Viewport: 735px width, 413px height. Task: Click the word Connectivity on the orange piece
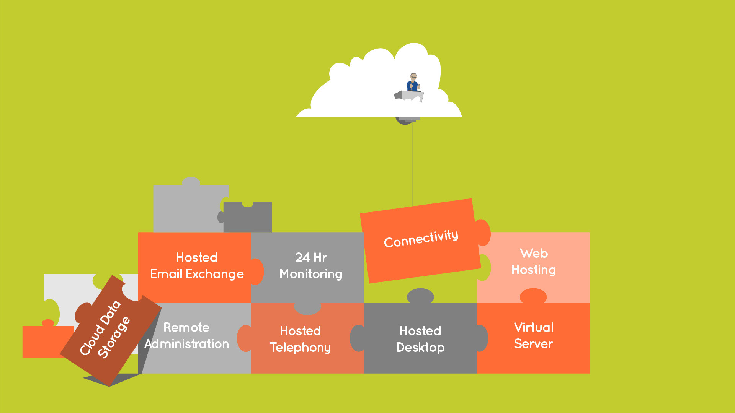tap(421, 239)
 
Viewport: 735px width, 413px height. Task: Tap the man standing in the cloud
tap(413, 82)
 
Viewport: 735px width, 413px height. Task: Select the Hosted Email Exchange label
tap(197, 266)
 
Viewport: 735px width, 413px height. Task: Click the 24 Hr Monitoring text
tap(311, 266)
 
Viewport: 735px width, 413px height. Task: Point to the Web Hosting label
tap(534, 262)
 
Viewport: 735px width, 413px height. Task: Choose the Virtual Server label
tap(533, 336)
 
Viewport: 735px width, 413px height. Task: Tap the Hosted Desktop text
tap(420, 339)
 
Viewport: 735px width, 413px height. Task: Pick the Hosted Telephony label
tap(301, 339)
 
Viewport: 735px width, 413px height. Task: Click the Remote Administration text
tap(187, 336)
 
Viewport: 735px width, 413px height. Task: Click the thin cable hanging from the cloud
tap(413, 164)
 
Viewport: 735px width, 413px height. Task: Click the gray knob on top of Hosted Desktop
tap(420, 296)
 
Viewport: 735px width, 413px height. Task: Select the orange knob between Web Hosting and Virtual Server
tap(533, 296)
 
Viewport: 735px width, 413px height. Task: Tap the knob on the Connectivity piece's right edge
tap(483, 232)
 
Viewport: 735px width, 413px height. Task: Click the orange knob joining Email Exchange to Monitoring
tap(257, 272)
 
